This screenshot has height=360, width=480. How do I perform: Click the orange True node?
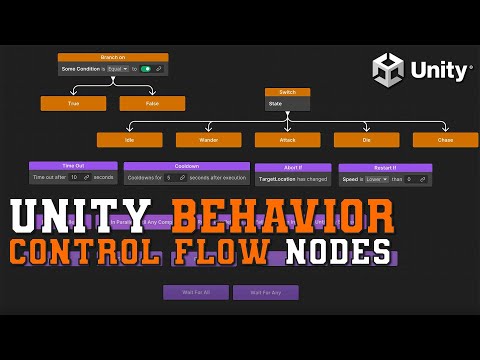[x=73, y=103]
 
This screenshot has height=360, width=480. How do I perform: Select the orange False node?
[x=152, y=103]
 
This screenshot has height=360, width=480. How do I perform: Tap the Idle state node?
[x=129, y=140]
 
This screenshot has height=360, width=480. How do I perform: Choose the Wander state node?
[x=208, y=140]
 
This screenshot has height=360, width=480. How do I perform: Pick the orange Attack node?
[x=287, y=140]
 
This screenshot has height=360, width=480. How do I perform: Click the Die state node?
[x=366, y=140]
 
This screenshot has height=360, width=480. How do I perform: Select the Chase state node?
[x=445, y=140]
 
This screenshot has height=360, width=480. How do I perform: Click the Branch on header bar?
[x=113, y=57]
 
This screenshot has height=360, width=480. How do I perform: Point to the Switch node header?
[x=287, y=92]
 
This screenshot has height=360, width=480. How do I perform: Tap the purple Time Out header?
[x=73, y=166]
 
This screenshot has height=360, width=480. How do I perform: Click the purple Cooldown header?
[x=187, y=166]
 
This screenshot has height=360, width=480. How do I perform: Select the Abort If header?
[x=293, y=168]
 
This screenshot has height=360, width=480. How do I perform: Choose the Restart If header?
[x=385, y=168]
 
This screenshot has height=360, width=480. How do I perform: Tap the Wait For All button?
[x=195, y=293]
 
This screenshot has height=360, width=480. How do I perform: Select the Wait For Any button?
[x=265, y=293]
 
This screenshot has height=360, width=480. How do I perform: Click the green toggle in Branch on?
[x=146, y=69]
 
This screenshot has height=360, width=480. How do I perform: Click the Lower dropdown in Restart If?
[x=378, y=179]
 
